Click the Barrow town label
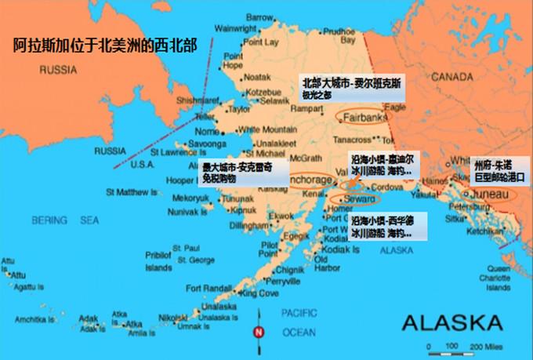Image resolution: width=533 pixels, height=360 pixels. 259,16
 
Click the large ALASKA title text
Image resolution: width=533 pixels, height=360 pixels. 452,322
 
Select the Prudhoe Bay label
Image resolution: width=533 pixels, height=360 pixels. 339,35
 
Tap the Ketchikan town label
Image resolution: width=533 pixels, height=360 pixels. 483,232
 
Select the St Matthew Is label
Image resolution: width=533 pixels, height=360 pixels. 132,191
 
